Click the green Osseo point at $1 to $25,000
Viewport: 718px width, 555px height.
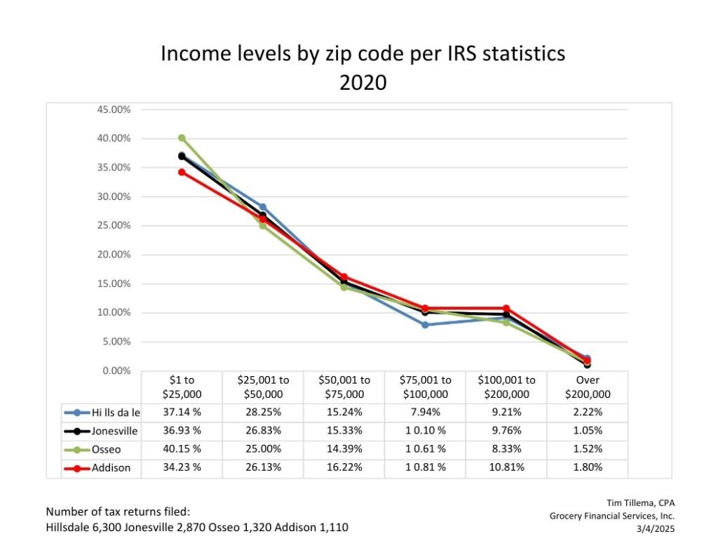[x=182, y=138]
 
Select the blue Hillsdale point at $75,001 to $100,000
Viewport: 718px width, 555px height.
[x=425, y=325]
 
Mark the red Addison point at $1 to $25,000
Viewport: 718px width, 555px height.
[x=182, y=172]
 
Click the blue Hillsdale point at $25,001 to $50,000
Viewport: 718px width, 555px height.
[x=263, y=207]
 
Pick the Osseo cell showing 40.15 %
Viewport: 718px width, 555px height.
[x=182, y=449]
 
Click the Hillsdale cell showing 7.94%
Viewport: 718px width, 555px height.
[x=425, y=413]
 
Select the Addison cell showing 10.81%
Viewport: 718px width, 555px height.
[x=506, y=467]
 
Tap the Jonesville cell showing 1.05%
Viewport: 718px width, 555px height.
[x=587, y=431]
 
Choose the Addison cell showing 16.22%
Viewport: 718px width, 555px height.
[x=344, y=467]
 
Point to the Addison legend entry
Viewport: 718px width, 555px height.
[x=109, y=467]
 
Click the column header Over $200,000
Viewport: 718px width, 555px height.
[x=587, y=387]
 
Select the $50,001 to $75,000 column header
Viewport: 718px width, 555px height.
[x=344, y=387]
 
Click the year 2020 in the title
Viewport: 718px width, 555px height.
[x=363, y=82]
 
